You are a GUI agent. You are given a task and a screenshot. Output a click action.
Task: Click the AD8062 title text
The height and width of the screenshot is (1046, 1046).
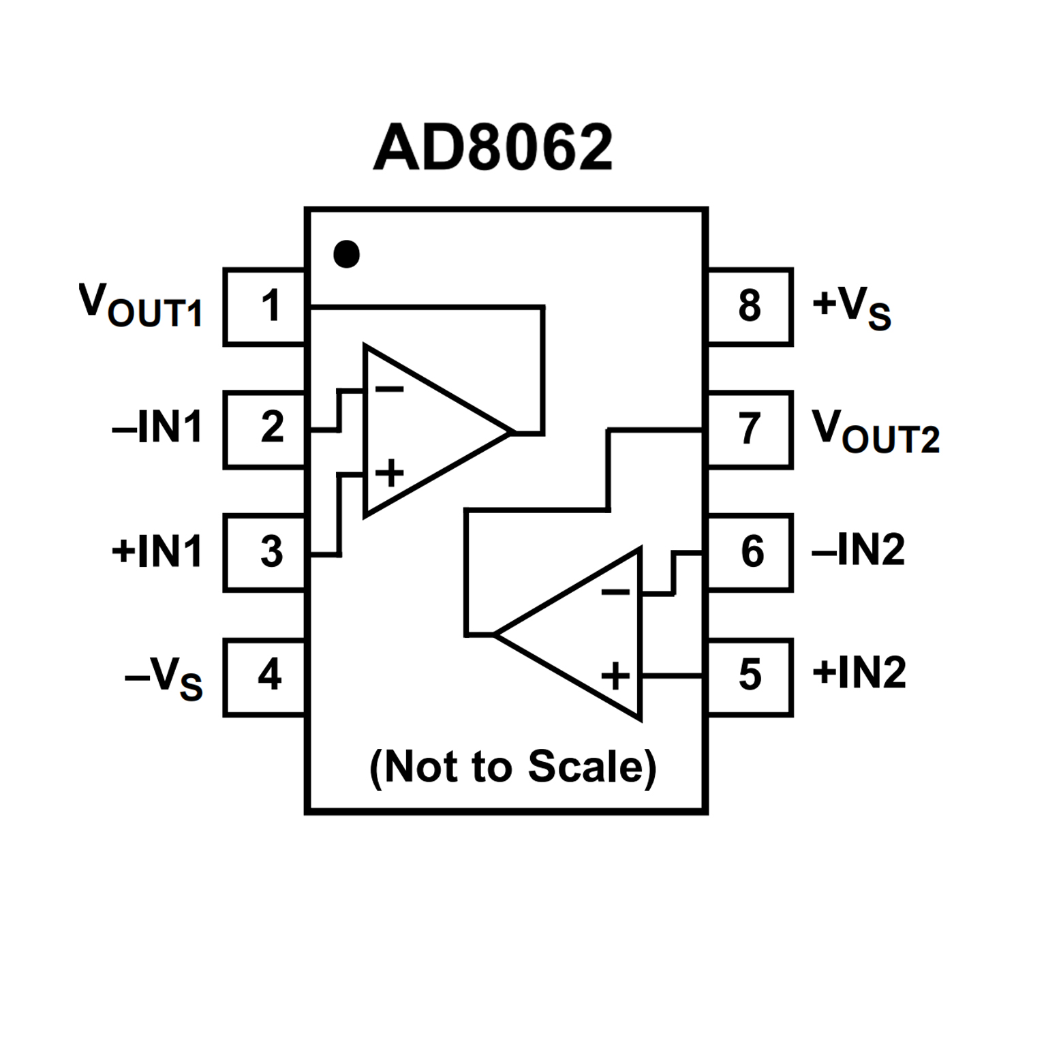(x=493, y=147)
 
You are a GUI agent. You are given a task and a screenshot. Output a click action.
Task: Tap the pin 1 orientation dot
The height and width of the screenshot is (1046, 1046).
(x=346, y=254)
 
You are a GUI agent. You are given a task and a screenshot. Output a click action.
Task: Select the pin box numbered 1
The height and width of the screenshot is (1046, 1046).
(x=265, y=307)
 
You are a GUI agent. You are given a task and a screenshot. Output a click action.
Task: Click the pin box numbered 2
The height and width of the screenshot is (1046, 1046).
(x=265, y=429)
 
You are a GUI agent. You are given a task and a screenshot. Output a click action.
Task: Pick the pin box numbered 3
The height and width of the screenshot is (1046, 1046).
(x=265, y=552)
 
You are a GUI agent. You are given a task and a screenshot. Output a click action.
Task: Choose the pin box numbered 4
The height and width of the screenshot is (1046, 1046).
(x=265, y=677)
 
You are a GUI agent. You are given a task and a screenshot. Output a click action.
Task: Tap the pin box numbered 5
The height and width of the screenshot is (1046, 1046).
(x=750, y=677)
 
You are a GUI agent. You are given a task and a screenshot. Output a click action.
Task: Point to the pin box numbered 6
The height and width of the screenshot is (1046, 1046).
(x=750, y=552)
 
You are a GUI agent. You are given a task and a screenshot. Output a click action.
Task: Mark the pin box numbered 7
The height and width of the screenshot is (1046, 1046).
(x=750, y=429)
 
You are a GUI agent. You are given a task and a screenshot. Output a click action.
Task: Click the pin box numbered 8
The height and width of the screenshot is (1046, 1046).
(x=750, y=307)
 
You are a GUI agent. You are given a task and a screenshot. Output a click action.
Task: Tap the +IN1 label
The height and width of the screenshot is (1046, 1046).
(x=157, y=551)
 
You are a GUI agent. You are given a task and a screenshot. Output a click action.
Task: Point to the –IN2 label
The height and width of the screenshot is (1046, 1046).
(x=859, y=549)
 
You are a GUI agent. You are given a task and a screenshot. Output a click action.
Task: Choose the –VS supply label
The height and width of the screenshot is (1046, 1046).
(x=164, y=678)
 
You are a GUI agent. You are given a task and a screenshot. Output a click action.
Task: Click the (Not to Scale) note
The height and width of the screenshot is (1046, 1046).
(x=512, y=767)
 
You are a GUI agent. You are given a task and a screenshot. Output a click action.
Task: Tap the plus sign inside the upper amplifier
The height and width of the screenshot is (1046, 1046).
(x=390, y=473)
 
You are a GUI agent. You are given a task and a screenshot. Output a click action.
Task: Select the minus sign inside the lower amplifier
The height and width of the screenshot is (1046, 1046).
(x=615, y=591)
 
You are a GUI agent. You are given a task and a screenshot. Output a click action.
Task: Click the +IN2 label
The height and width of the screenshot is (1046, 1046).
(x=859, y=673)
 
